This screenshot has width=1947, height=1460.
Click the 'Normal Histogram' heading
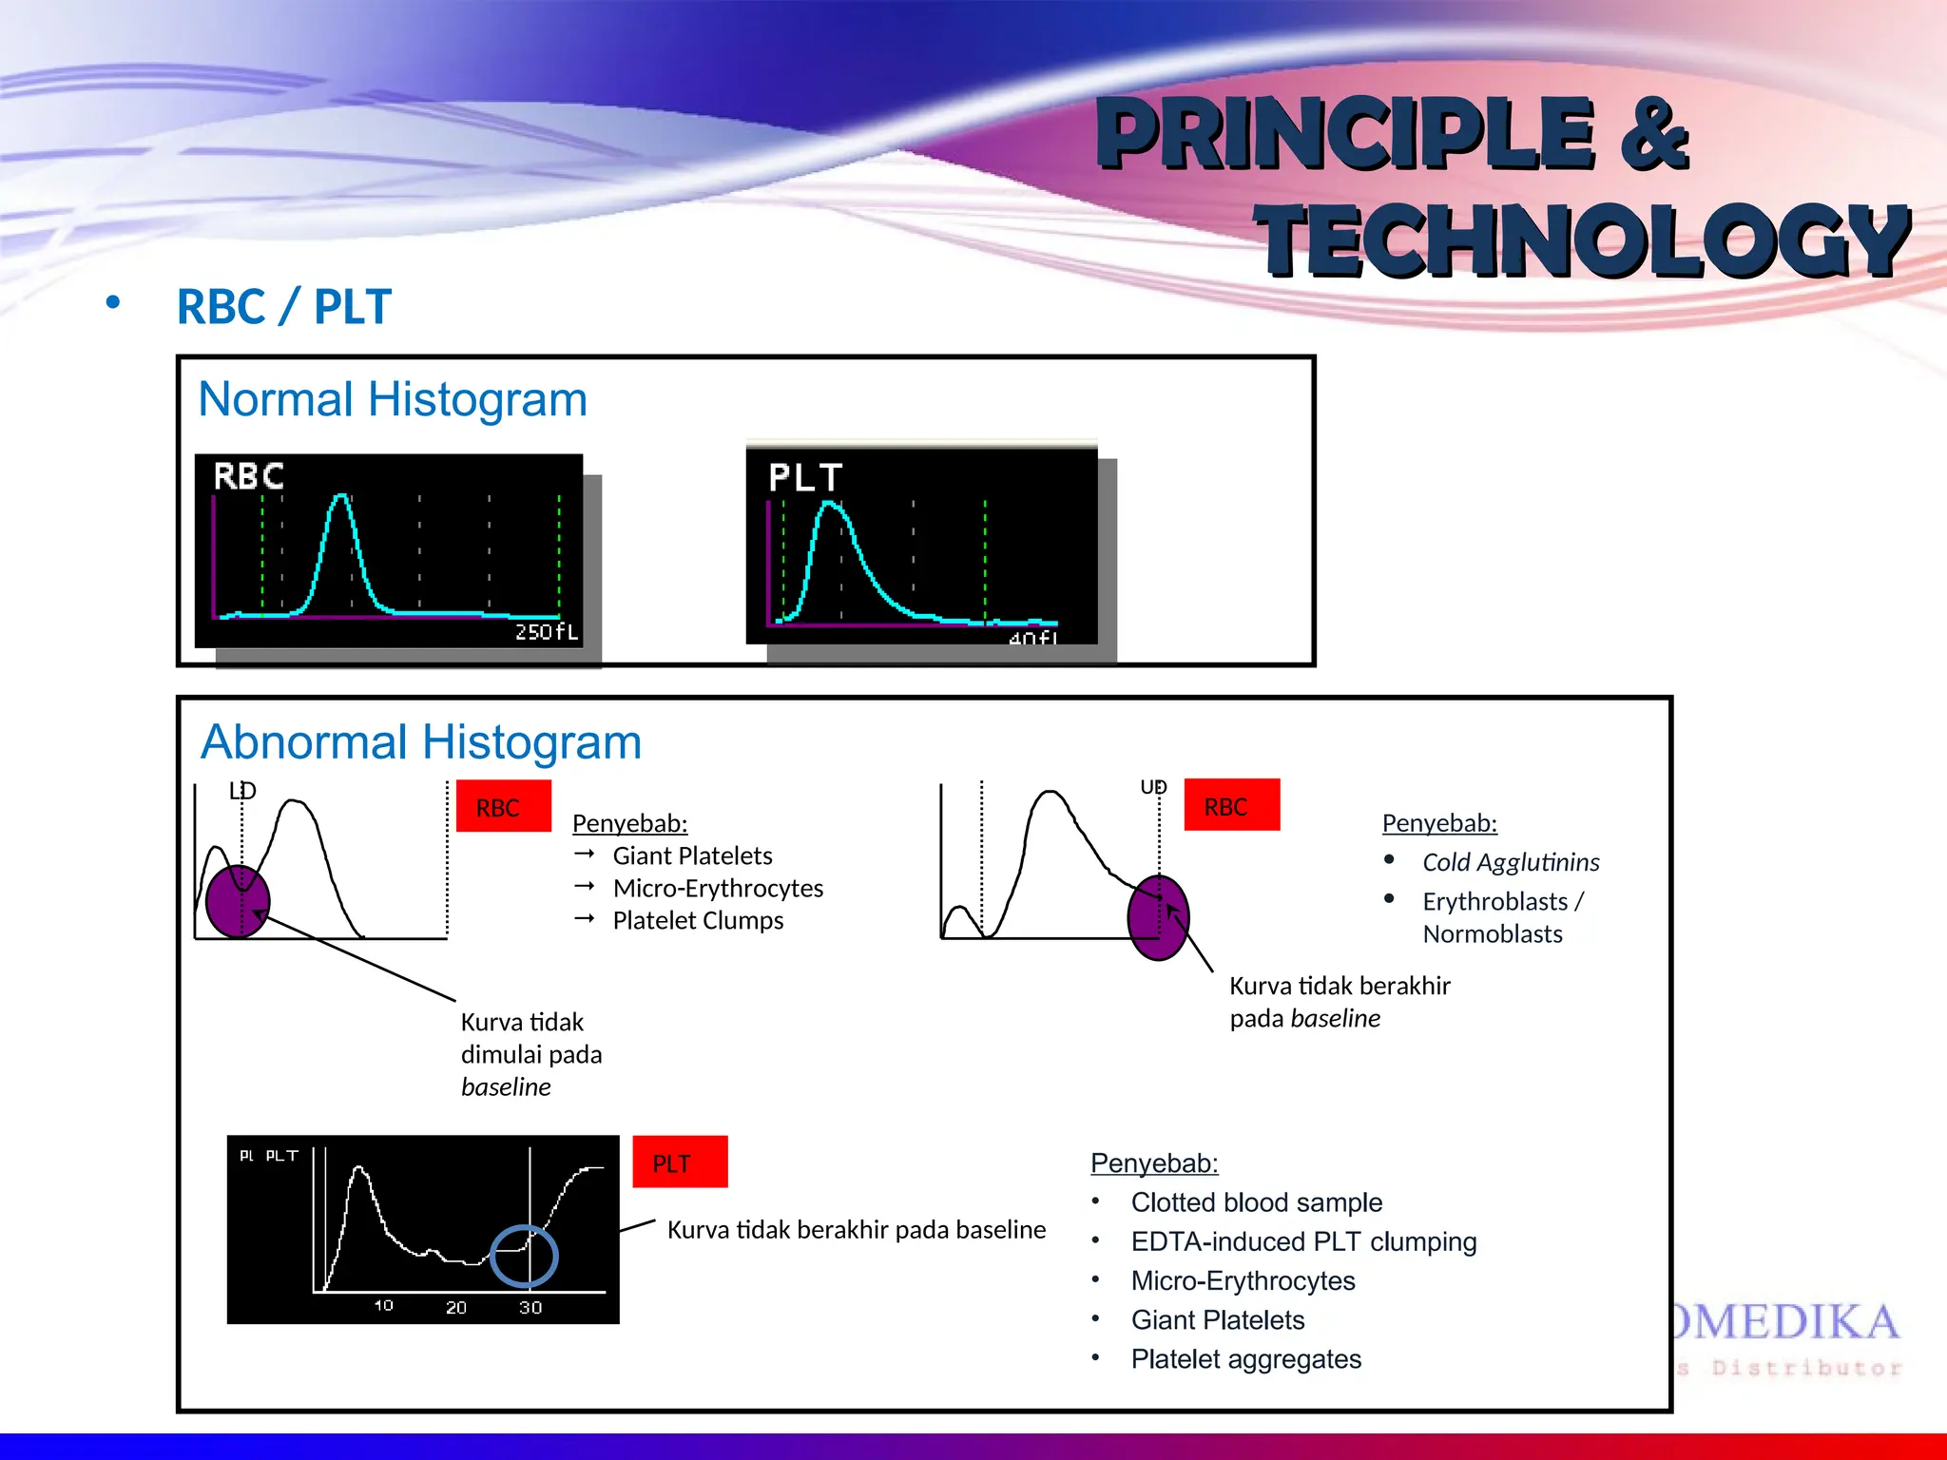392,400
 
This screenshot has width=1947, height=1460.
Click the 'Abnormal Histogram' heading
420,742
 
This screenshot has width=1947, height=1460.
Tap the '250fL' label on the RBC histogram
546,632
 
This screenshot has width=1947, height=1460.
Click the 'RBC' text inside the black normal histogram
248,476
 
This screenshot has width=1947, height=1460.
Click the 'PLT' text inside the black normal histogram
804,478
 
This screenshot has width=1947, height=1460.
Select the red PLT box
680,1162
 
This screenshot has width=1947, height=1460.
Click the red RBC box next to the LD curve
503,806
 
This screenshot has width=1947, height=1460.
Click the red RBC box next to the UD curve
1231,805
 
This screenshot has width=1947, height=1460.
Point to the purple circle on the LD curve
237,901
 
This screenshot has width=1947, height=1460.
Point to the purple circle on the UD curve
1157,917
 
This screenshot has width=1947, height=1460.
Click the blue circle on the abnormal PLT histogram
524,1256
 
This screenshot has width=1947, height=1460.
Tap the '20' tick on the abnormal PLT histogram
456,1308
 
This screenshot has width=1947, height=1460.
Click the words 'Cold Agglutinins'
1510,862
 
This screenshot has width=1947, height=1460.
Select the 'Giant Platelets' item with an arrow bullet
691,855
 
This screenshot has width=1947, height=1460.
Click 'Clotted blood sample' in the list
1255,1202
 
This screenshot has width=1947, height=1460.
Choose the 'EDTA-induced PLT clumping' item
1302,1241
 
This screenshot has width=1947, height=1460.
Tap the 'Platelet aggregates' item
1245,1359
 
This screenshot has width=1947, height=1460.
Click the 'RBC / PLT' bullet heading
283,307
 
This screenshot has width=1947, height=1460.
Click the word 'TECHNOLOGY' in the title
1583,240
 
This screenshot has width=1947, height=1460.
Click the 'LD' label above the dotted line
242,791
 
